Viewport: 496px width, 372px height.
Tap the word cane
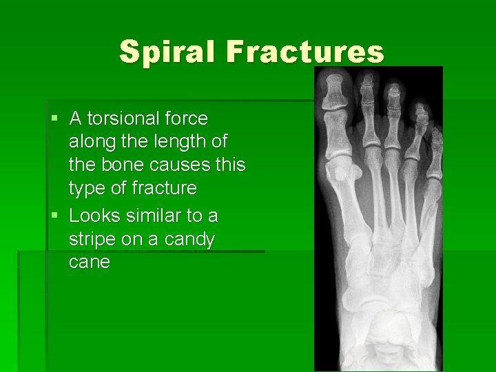[90, 262]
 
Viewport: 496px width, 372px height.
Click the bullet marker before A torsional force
[54, 119]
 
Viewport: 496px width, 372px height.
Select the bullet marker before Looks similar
[54, 216]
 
